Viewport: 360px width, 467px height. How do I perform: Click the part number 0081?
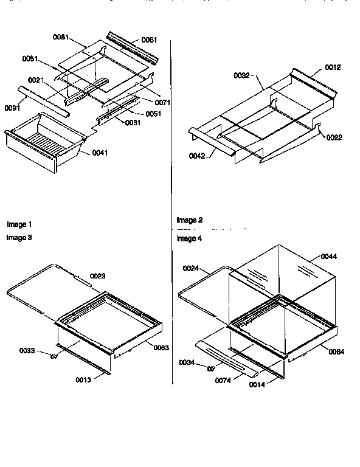[60, 37]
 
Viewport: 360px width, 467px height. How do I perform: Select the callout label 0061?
[149, 40]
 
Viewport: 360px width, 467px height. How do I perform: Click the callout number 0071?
[162, 102]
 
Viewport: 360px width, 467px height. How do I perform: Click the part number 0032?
[242, 75]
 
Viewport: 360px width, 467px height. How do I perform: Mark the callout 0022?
[334, 137]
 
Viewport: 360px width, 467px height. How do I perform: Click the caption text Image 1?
[19, 224]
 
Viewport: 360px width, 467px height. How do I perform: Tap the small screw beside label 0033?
[54, 356]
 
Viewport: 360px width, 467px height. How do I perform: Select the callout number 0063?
[162, 347]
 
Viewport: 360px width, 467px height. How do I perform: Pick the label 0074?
[223, 380]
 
